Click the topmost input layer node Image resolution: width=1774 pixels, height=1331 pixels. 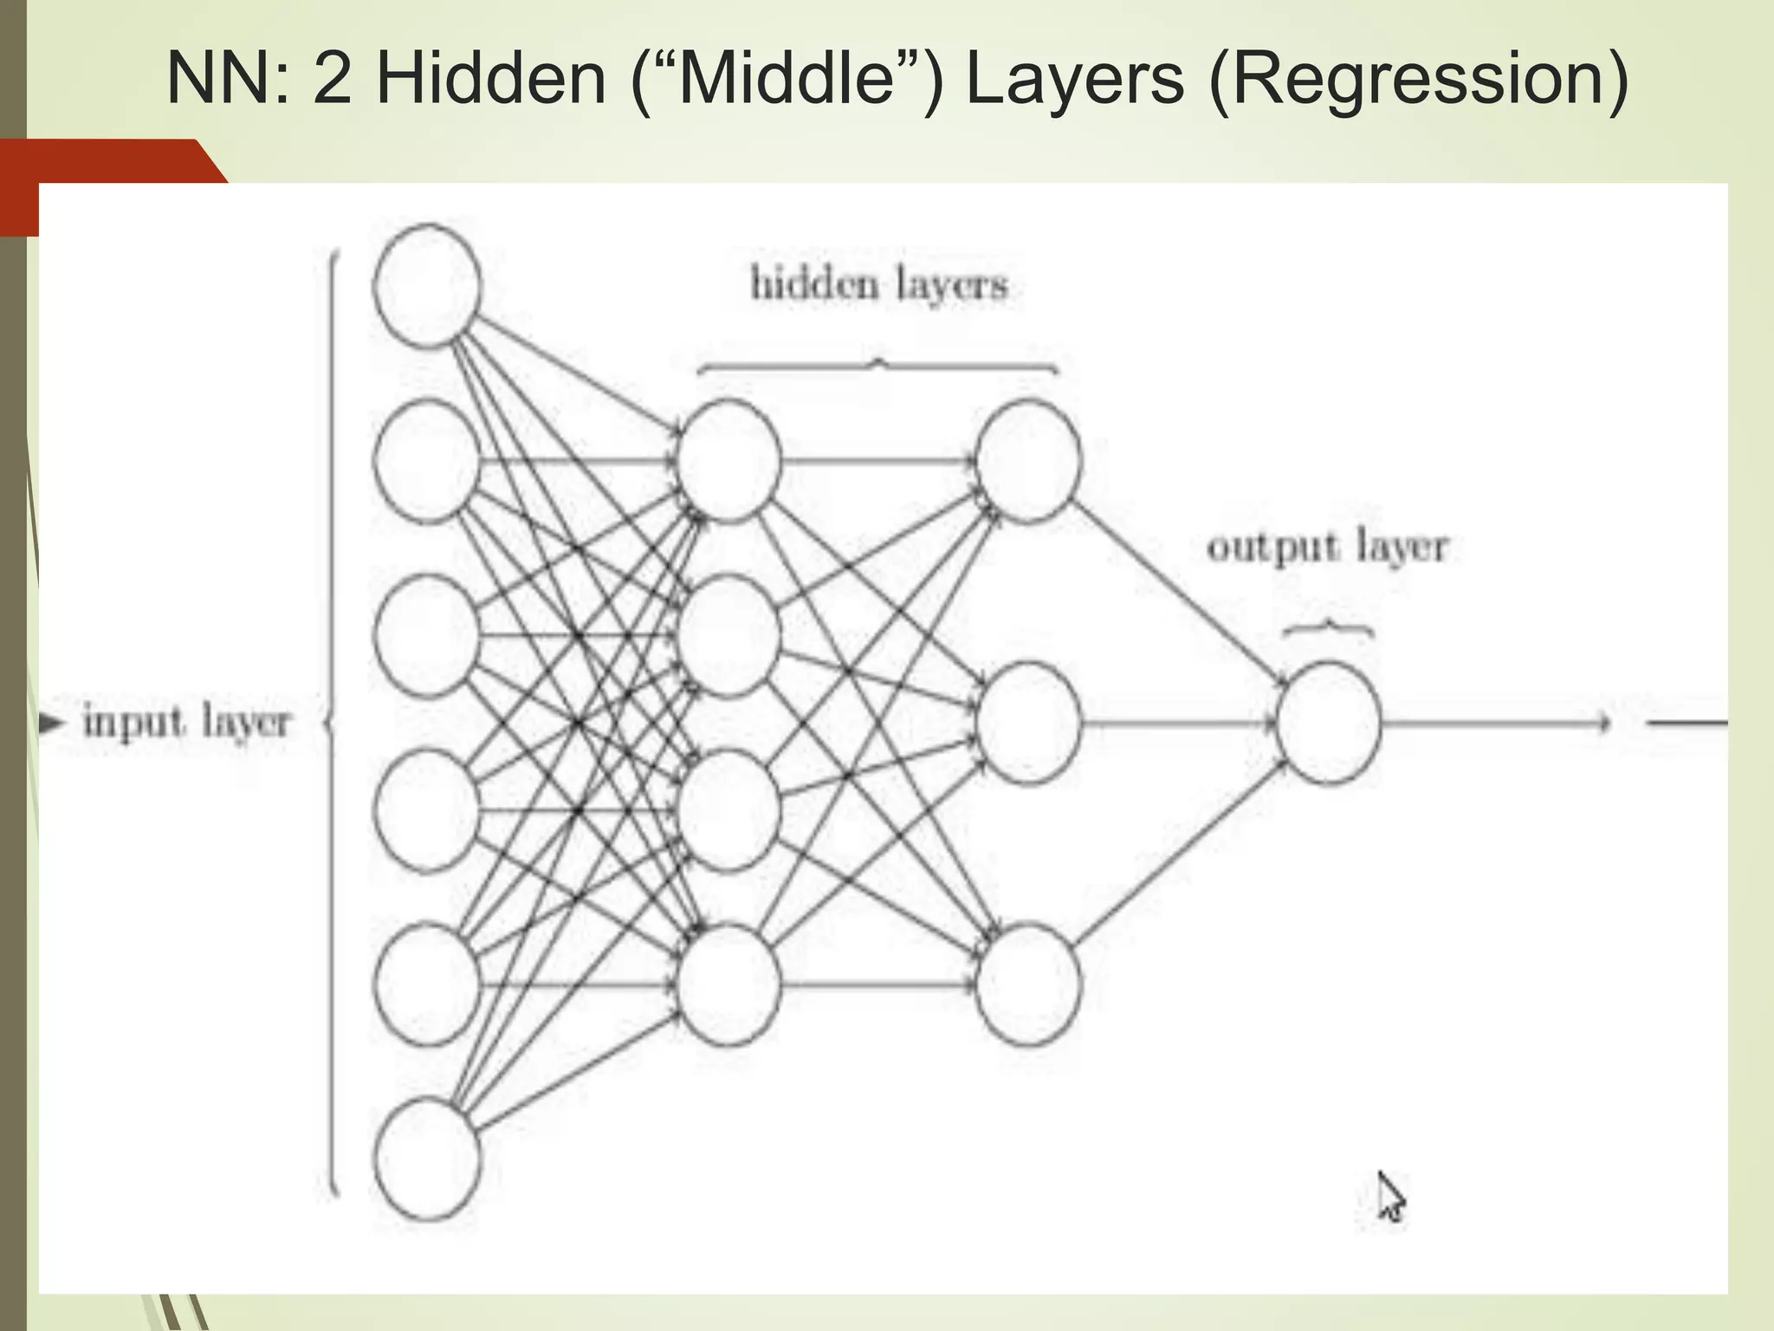click(426, 286)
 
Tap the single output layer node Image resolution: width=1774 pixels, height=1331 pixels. click(1327, 723)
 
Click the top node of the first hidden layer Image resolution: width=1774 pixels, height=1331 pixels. click(728, 461)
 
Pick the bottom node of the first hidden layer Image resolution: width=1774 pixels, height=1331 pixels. click(728, 984)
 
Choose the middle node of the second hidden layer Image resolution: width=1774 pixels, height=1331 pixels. click(1028, 723)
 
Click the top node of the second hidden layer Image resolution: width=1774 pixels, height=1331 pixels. click(1028, 461)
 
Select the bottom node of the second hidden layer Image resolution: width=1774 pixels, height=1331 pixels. click(1028, 984)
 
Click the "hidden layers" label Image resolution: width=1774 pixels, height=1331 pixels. click(879, 284)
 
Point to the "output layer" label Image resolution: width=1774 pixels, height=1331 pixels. click(1327, 548)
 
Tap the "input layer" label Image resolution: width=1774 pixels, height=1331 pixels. click(187, 722)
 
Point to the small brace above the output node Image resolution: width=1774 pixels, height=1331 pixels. click(1327, 629)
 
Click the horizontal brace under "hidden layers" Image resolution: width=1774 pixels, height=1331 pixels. click(877, 367)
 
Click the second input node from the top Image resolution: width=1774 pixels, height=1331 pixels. click(426, 461)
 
